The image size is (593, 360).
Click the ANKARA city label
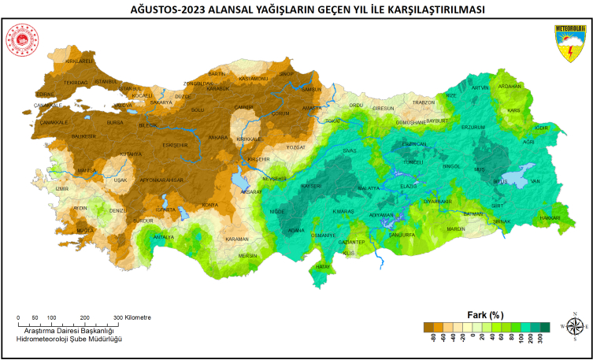[218, 137]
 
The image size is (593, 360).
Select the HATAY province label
[323, 267]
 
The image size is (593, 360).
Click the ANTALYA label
[163, 236]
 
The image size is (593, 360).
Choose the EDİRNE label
[46, 94]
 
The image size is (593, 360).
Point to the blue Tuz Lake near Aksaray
[239, 180]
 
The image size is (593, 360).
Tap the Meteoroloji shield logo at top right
[570, 43]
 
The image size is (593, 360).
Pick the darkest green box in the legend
[544, 327]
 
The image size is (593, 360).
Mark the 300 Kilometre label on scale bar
[132, 317]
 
